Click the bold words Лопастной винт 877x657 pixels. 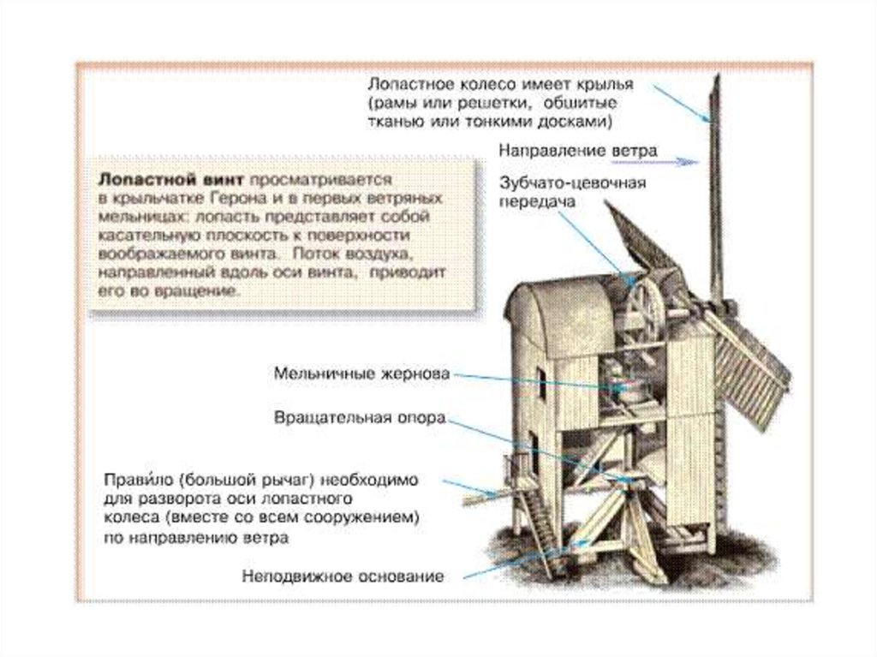(x=169, y=180)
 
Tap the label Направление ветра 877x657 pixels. (x=578, y=151)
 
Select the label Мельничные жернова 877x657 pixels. (x=361, y=374)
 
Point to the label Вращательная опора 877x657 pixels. (x=360, y=419)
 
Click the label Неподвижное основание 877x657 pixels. (x=343, y=576)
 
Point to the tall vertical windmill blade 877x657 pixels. (x=715, y=188)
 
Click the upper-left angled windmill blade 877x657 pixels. (x=638, y=240)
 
